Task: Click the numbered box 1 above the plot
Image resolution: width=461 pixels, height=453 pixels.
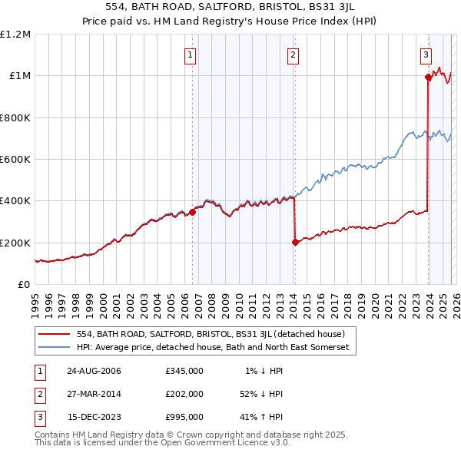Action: coord(190,55)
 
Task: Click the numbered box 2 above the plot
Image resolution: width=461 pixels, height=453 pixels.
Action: coord(294,55)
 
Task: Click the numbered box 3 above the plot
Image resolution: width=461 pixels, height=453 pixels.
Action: coord(426,55)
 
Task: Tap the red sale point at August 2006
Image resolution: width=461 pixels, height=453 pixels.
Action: coord(193,213)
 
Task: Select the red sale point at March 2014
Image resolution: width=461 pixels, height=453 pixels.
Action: coord(295,242)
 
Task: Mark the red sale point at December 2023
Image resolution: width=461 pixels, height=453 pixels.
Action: coord(427,77)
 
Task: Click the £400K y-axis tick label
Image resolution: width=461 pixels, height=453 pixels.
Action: coord(16,201)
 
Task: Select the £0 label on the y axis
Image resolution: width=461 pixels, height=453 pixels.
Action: coord(25,285)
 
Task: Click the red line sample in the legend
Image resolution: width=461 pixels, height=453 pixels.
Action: coord(53,334)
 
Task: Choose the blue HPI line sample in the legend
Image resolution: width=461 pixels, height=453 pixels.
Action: coord(53,348)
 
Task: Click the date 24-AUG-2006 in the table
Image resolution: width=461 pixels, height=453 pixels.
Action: coord(95,371)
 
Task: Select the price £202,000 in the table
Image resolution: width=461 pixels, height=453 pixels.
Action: coord(184,394)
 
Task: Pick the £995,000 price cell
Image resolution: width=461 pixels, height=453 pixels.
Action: coord(184,417)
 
